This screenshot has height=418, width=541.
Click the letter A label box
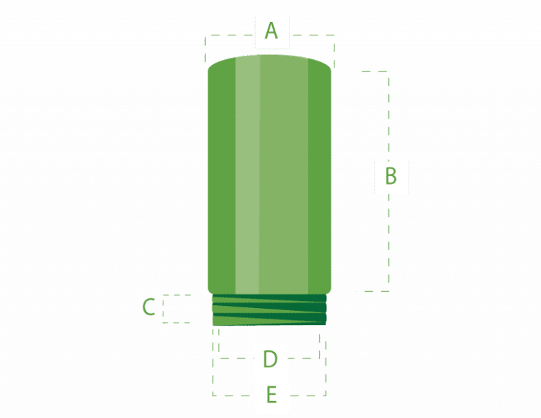(271, 32)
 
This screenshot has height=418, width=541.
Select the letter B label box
(391, 177)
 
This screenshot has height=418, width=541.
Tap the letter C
(149, 307)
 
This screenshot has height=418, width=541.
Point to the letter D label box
(270, 359)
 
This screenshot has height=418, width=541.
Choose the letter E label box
(271, 395)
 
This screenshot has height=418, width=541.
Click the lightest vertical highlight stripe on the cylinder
(247, 176)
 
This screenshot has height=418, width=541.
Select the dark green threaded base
(270, 310)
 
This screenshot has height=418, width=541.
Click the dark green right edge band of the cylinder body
(320, 176)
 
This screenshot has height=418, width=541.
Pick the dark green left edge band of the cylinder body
(220, 176)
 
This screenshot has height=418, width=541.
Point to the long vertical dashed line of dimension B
(388, 233)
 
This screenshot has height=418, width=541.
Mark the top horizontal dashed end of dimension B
(374, 71)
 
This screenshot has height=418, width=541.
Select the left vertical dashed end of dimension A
(204, 49)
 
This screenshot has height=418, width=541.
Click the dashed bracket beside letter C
(176, 309)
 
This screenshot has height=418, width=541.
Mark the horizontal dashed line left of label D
(236, 358)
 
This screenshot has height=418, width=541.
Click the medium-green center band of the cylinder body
(283, 176)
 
